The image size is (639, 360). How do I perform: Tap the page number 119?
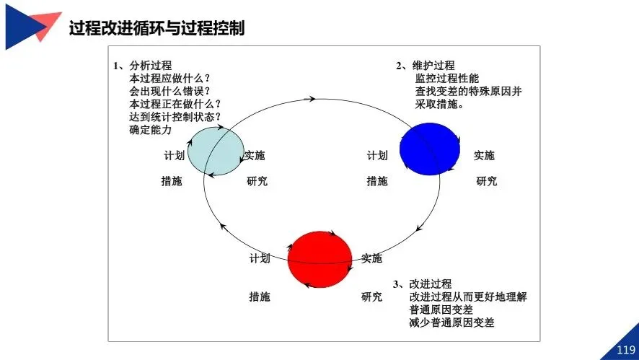point(625,350)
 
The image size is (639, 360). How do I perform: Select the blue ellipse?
point(430,148)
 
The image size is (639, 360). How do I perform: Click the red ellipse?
point(319,259)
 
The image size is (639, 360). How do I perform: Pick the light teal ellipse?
point(216,149)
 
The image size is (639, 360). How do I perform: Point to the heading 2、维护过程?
point(425,66)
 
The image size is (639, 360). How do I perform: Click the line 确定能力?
point(151,130)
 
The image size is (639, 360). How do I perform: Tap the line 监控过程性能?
point(446,79)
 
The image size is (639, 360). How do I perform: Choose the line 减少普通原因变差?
point(451,322)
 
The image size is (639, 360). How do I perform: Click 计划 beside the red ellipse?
point(260,258)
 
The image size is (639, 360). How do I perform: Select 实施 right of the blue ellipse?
point(484,156)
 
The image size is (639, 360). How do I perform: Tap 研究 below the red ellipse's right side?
point(371,297)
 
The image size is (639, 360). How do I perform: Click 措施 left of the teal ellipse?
point(171,181)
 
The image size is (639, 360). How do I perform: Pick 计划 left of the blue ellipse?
point(376,156)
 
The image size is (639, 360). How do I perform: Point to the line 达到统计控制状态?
point(175,117)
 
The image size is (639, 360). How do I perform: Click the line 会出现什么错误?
point(169,91)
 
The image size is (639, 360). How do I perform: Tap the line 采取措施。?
point(439,104)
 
